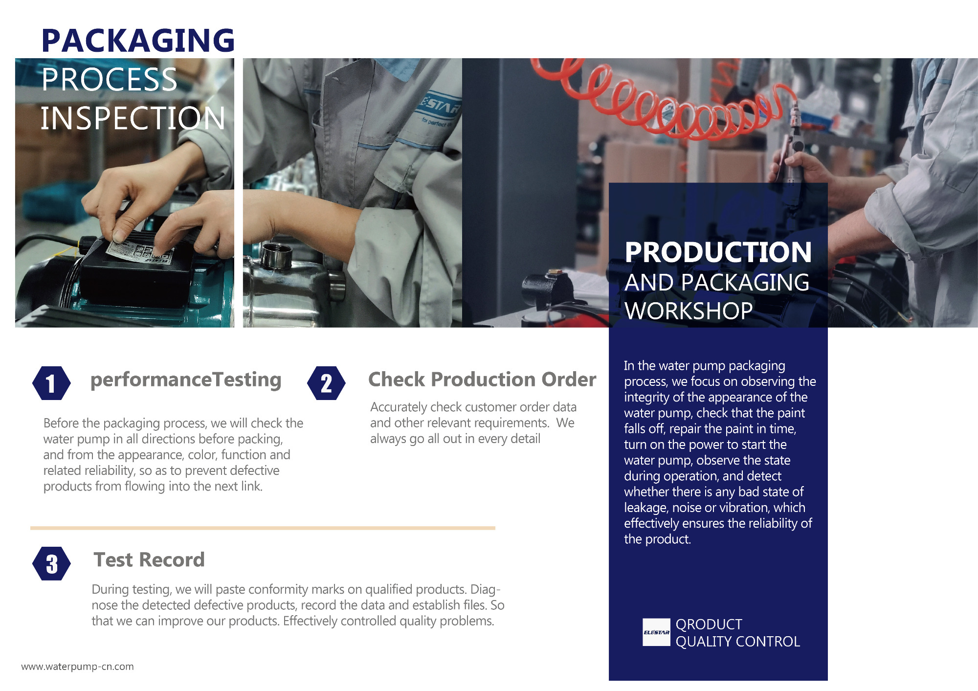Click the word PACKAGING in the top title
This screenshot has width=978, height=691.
138,41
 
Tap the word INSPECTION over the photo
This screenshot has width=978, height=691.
133,118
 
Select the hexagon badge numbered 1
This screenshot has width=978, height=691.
51,383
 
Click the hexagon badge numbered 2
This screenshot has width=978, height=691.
326,383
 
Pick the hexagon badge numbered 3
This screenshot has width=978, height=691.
51,563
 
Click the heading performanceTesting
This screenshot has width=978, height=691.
186,380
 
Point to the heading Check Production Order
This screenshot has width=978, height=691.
482,379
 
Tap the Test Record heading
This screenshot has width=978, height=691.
149,559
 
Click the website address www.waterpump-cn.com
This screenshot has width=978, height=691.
77,667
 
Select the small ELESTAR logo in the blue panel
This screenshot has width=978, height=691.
656,632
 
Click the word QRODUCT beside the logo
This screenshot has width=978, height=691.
709,624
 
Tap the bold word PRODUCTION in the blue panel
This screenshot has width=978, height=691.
718,252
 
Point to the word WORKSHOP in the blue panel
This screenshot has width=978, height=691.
689,311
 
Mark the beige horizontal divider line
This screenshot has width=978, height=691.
263,528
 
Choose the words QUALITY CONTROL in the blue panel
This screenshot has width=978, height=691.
737,642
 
